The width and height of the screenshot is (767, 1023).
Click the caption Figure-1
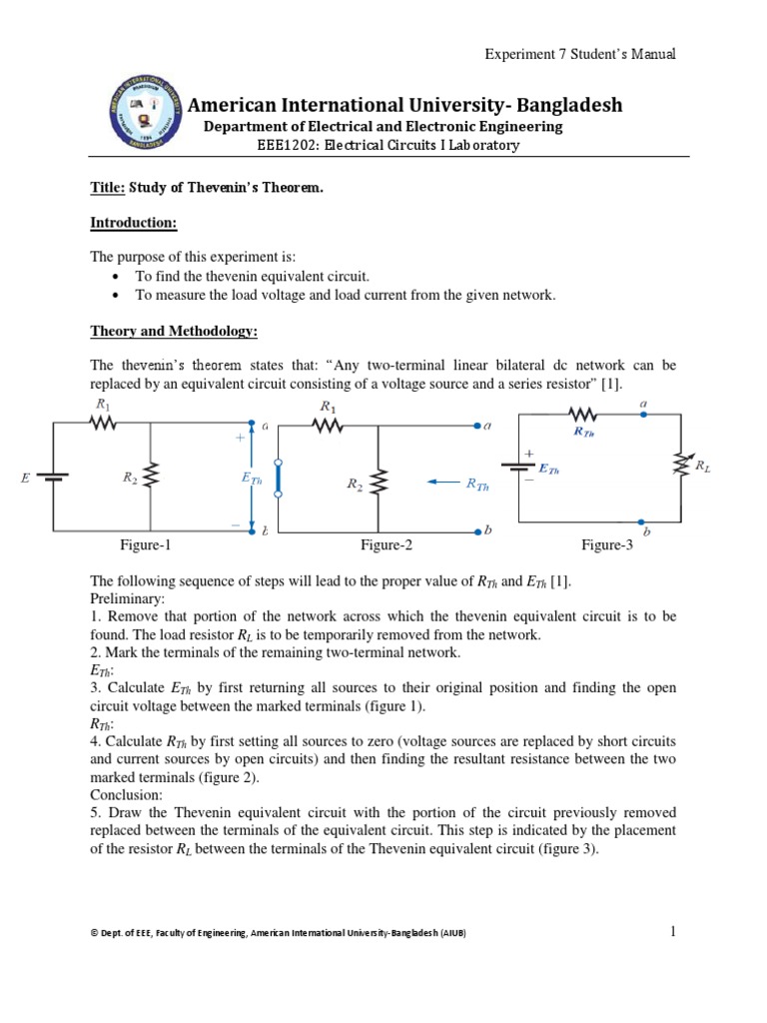coord(145,544)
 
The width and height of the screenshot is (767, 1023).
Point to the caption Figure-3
coord(607,544)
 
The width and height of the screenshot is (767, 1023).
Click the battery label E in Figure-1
coord(24,480)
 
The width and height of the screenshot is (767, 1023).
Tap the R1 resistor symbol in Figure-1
coord(103,424)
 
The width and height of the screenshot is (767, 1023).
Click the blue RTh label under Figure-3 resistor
coord(584,433)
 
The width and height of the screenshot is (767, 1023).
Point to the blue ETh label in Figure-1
coord(251,480)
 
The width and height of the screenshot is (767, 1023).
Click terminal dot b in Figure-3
coord(642,520)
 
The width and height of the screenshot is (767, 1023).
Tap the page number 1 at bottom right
coord(673,931)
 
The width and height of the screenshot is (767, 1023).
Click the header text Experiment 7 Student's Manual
coord(580,54)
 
